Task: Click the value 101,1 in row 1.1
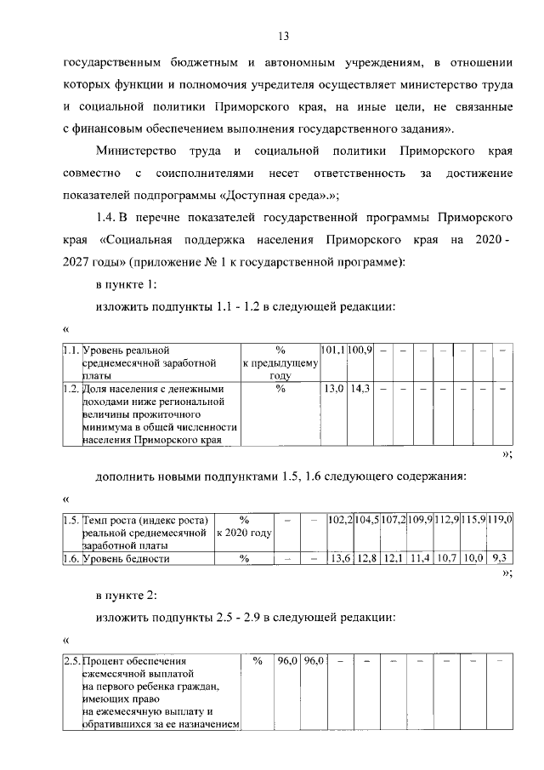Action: (x=332, y=350)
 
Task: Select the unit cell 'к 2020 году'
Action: (x=244, y=533)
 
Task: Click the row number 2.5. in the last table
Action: (x=72, y=660)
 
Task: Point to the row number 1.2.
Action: (x=71, y=389)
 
